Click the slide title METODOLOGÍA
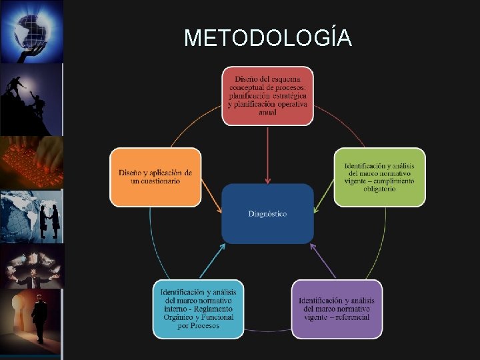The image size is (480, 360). [x=267, y=38]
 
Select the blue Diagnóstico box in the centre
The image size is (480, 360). [x=267, y=213]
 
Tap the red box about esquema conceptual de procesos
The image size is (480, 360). [x=267, y=96]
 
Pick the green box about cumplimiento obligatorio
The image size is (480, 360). [x=379, y=177]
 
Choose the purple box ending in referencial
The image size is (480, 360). [x=337, y=309]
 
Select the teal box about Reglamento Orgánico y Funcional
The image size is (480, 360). [x=198, y=309]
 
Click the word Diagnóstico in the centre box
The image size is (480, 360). [x=267, y=214]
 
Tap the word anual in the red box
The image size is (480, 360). [x=267, y=112]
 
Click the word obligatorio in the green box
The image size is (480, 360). [x=379, y=189]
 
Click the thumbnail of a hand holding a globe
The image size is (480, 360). [x=31, y=31]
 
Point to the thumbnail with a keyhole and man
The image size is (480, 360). [x=31, y=320]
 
